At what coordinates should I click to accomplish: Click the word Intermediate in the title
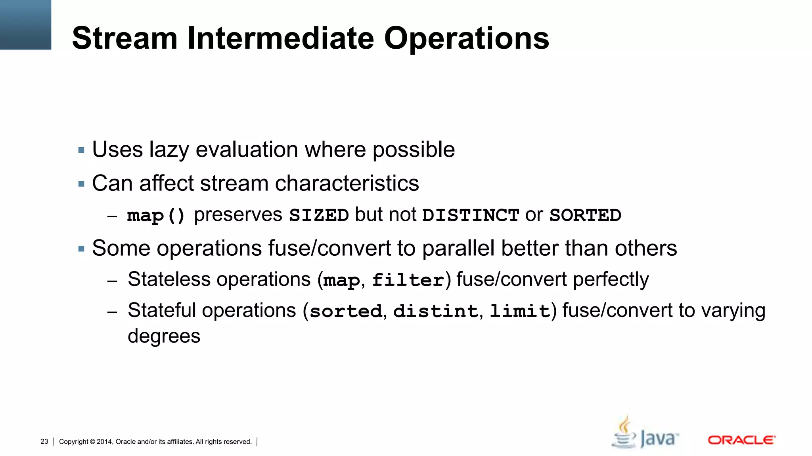280,38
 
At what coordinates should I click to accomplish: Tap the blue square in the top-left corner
25,25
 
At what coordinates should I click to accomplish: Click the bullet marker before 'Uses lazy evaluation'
82,150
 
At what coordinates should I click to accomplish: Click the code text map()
156,216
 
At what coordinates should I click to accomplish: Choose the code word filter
408,280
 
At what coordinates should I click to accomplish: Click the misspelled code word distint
435,311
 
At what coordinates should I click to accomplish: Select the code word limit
520,311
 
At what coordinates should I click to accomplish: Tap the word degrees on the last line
164,336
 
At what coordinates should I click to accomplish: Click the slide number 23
44,442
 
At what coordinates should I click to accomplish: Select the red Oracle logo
741,440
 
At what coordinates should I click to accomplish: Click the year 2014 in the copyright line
105,442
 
